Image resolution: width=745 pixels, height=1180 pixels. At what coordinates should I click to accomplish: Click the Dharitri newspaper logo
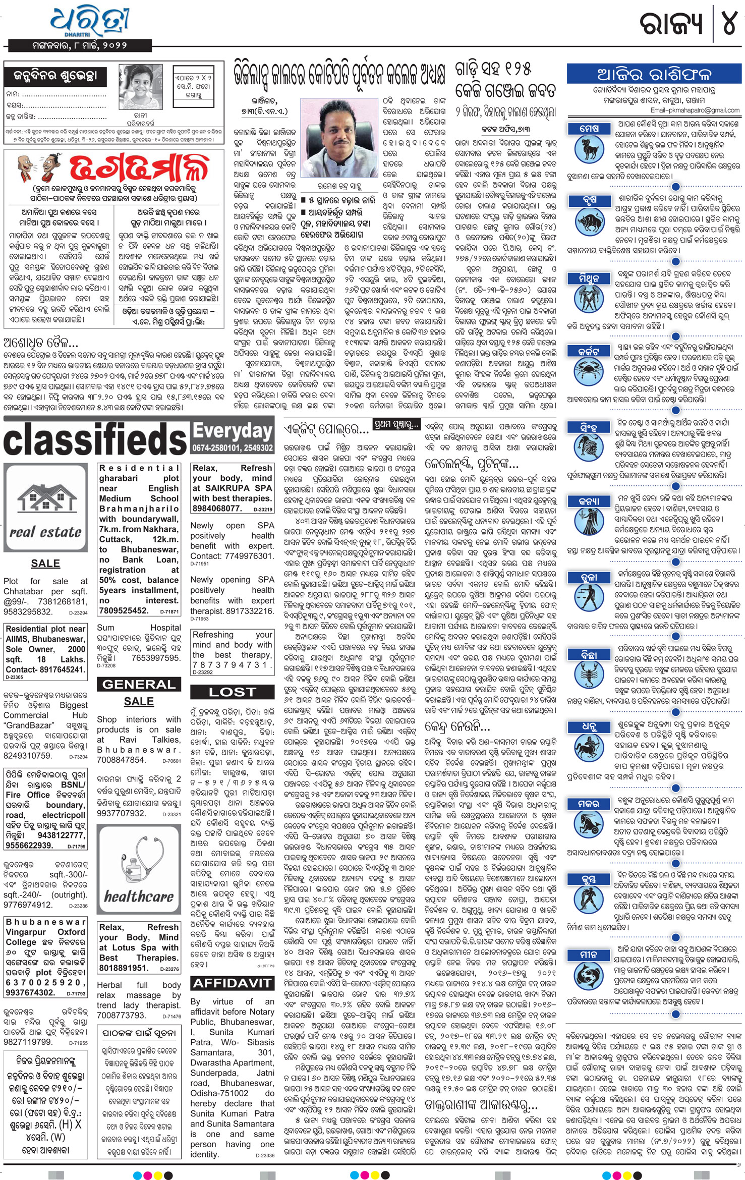pos(89,21)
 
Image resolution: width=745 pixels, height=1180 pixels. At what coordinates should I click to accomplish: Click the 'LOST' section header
pos(233,692)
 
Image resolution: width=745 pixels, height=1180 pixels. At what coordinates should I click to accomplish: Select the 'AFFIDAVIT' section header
pos(233,983)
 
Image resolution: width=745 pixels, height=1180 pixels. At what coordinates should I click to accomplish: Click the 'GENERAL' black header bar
pos(139,685)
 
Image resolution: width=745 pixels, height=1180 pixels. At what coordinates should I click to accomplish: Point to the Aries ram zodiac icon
pos(589,149)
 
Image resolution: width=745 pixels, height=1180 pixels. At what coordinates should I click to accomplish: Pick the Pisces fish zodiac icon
pos(589,974)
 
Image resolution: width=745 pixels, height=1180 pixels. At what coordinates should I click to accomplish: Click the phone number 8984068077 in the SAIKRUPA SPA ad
pos(217,509)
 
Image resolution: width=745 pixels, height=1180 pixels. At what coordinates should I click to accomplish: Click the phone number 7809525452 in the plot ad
pos(124,610)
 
